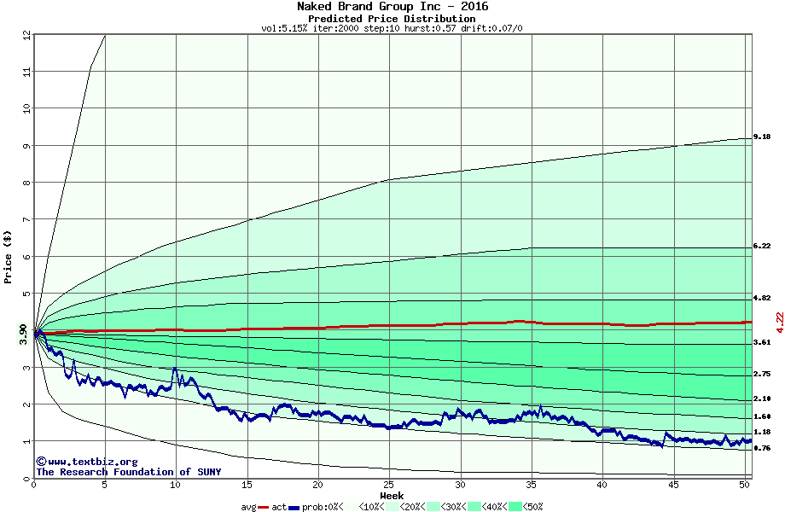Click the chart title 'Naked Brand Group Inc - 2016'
[392, 6]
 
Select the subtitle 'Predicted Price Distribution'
[392, 18]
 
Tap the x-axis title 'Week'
[392, 496]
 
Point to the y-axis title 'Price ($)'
[8, 256]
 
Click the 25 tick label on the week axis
[389, 485]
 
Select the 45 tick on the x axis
[673, 485]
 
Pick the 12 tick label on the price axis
[26, 35]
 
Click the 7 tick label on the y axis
[26, 219]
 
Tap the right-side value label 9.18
[762, 137]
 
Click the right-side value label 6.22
[762, 246]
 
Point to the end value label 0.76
[762, 448]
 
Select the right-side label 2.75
[762, 374]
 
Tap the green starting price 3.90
[23, 334]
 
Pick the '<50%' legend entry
[531, 507]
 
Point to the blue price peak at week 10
[175, 369]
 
